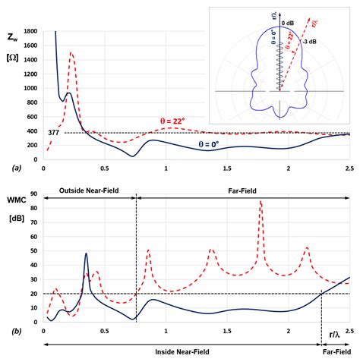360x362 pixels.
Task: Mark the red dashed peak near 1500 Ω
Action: tap(71, 53)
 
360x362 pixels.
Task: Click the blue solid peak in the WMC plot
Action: tap(86, 253)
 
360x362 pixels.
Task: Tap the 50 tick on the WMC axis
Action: tap(34, 251)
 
